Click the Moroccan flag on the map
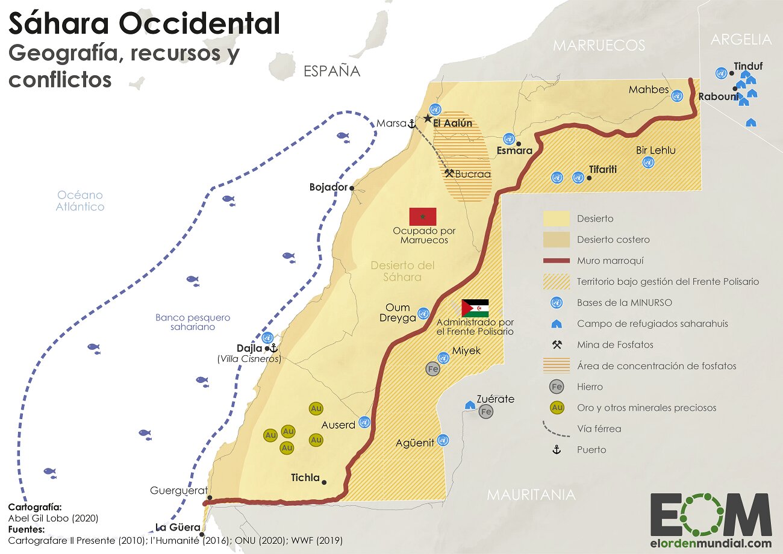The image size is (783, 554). point(422,217)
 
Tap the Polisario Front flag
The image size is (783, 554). point(475,308)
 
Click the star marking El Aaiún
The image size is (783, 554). point(428,119)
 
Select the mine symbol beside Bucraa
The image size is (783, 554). point(449,173)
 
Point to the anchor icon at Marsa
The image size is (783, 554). point(412,123)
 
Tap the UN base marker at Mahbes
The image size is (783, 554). point(677,96)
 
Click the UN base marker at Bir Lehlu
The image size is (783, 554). point(648,162)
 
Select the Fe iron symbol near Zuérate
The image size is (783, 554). point(485,412)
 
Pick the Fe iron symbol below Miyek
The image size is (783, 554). point(432,369)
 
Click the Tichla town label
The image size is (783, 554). point(305,478)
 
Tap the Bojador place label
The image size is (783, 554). point(328,187)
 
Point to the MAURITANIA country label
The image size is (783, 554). point(531,495)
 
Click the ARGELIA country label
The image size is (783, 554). point(740,40)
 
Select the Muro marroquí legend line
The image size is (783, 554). point(556,261)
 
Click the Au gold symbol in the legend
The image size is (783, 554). point(557,408)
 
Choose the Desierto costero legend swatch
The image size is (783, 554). point(556,240)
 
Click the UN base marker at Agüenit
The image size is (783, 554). point(443,440)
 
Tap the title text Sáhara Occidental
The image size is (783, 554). point(144,24)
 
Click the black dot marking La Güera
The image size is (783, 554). point(202,534)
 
